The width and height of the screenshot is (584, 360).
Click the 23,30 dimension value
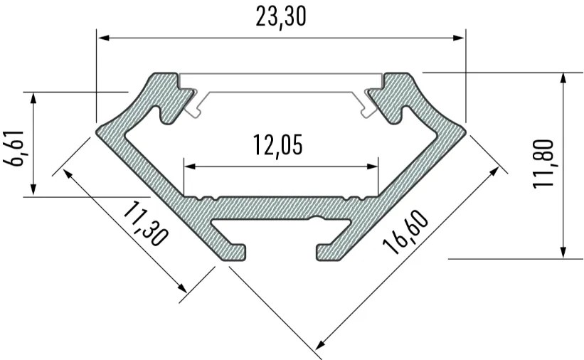point(281,16)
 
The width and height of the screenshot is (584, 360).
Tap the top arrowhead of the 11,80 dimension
point(563,78)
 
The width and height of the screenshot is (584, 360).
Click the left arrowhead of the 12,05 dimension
point(189,167)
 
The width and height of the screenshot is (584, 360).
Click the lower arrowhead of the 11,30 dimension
point(184,287)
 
